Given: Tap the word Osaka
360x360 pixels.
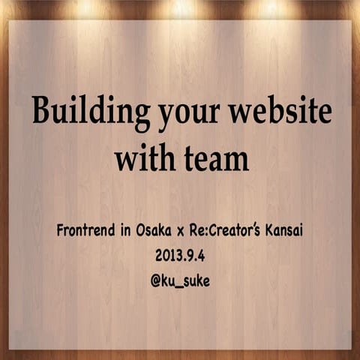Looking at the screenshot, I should click(159, 231).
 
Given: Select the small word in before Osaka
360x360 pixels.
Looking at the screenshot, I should click(127, 231).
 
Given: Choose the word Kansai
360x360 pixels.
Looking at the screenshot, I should click(287, 231).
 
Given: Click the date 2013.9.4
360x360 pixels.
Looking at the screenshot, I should click(180, 256).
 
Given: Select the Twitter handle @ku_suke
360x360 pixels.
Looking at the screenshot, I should click(180, 283).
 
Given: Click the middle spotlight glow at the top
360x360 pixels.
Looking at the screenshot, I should click(180, 9).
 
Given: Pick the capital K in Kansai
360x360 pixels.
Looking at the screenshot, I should click(271, 231).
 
